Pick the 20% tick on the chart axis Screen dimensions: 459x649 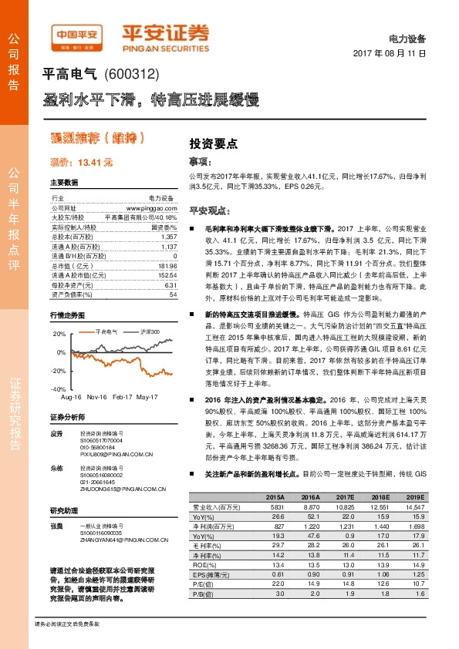point(59,333)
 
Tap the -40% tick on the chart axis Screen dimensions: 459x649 point(59,389)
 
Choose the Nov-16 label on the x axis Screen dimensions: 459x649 point(96,397)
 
